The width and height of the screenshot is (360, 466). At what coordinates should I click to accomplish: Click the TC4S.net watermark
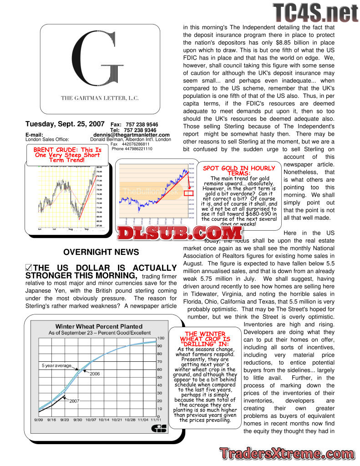pos(316,13)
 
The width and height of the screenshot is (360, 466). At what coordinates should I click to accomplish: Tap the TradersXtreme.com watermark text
pos(287,454)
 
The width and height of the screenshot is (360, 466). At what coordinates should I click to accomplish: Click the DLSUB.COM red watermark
pos(179,233)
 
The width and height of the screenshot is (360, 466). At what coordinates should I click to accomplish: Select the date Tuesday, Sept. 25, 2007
pos(65,124)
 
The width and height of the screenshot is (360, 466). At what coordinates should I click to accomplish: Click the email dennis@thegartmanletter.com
pos(132,135)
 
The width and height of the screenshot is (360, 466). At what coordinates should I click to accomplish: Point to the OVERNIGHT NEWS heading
pos(101,252)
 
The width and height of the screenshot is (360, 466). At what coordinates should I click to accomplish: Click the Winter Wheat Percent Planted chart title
pos(99,326)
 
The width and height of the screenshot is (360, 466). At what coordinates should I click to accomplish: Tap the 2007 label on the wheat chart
pos(74,401)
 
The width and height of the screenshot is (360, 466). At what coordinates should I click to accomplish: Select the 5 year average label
pos(57,365)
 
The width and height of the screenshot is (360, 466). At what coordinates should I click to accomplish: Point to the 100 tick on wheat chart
pos(161,338)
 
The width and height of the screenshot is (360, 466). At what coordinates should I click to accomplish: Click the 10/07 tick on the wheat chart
pos(91,420)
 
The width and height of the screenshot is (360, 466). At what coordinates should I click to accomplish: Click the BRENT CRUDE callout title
pos(67,155)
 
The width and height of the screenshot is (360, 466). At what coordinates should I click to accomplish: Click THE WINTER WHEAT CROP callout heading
pos(205,339)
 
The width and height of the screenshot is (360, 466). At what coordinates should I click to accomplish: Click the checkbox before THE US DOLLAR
pos(29,268)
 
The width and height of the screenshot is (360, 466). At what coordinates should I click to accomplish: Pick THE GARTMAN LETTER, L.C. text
pos(100,98)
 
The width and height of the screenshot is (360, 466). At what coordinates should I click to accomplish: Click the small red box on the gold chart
pos(189,193)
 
